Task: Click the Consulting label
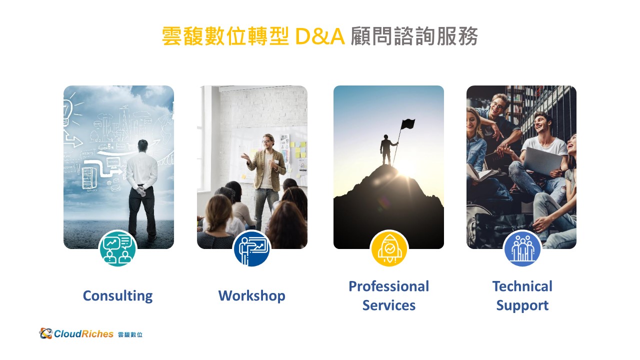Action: (117, 296)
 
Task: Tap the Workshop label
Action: (251, 296)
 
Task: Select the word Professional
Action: (389, 286)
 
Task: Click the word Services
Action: (389, 305)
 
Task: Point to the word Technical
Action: (522, 286)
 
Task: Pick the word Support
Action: (522, 305)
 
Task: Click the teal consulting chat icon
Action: (117, 248)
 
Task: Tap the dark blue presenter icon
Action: (251, 248)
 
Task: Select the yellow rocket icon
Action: (389, 248)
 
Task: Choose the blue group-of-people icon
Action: (522, 248)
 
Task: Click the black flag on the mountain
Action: (407, 124)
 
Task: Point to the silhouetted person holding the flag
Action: (386, 150)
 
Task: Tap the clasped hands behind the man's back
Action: (140, 190)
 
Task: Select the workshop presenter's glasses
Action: (266, 141)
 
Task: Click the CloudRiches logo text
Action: (83, 334)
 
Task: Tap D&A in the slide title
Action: (319, 36)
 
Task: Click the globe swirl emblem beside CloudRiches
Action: (45, 333)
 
